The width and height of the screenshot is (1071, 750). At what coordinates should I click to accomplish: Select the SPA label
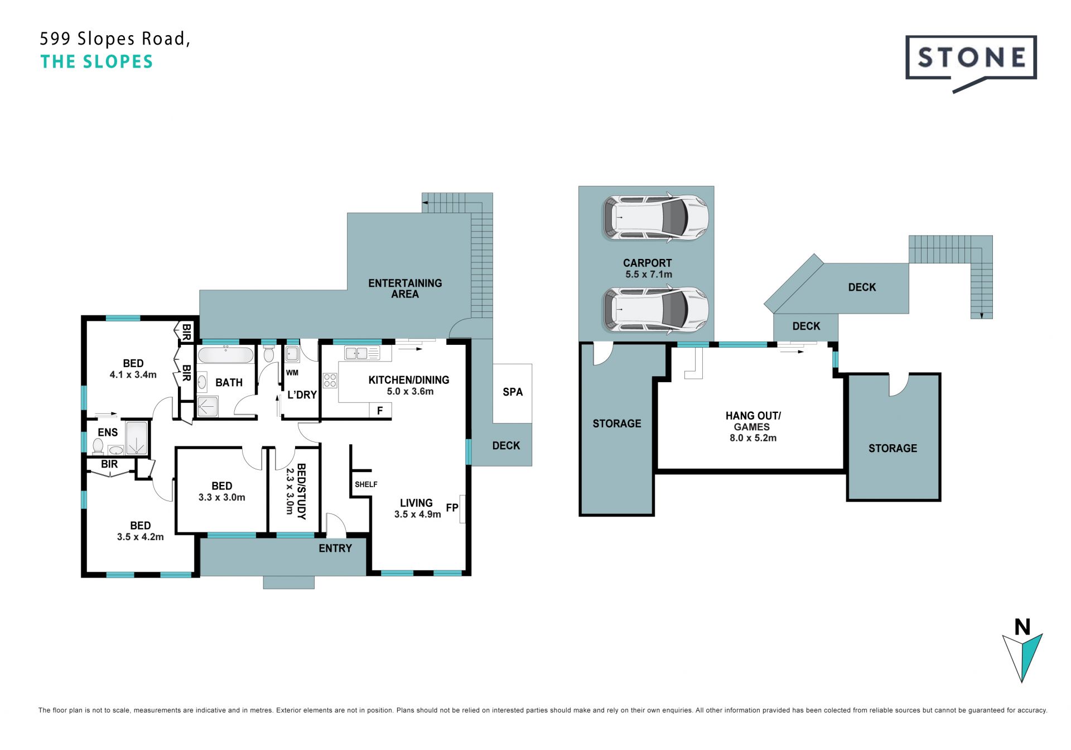[x=513, y=392]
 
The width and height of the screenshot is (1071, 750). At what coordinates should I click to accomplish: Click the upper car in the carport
[x=655, y=218]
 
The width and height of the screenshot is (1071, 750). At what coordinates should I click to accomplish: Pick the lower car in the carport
[x=655, y=310]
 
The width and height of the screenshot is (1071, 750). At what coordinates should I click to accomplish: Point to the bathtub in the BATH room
[x=226, y=354]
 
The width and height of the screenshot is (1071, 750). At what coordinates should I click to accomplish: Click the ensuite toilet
[x=98, y=445]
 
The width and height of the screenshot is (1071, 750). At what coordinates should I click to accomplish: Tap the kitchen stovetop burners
[x=330, y=381]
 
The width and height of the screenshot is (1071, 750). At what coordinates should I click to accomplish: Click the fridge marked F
[x=380, y=411]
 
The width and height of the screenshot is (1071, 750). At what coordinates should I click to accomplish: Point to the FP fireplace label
[x=452, y=508]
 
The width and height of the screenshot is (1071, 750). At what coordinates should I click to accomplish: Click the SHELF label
[x=366, y=484]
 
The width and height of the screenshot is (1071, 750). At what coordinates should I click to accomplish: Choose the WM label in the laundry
[x=292, y=373]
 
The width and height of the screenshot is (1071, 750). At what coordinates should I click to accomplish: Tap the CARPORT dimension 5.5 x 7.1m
[x=648, y=275]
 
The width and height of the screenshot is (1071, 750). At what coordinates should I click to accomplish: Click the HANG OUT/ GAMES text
[x=752, y=421]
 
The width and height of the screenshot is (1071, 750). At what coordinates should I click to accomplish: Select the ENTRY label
[x=335, y=549]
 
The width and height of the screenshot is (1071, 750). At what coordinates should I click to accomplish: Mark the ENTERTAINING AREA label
[x=405, y=289]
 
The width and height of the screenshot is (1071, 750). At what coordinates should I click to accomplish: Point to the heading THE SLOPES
[x=97, y=62]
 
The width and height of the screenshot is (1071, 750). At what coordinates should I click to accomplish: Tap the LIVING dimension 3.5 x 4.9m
[x=418, y=515]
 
